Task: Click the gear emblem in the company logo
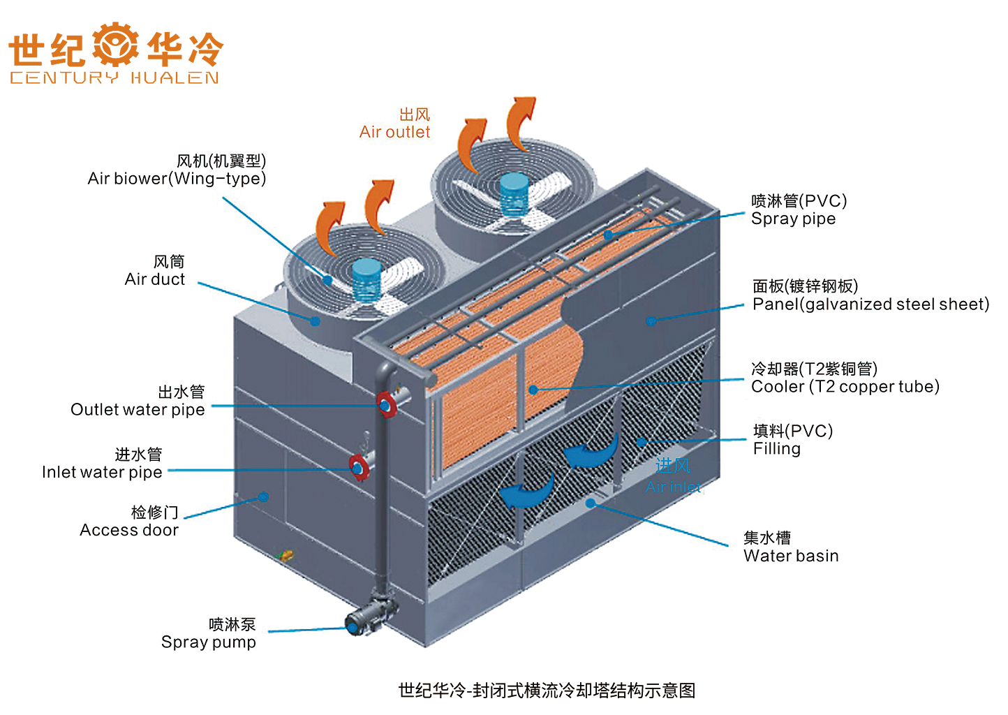tap(115, 45)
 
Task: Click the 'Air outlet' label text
tap(394, 132)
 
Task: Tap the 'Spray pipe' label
tap(793, 219)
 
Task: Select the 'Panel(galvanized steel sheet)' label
tap(870, 304)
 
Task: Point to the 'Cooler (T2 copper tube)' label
tap(845, 386)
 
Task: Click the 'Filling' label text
tap(776, 448)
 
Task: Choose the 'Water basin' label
tap(790, 556)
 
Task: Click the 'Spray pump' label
tap(208, 642)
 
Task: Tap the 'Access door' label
tap(129, 530)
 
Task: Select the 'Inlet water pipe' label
tap(102, 472)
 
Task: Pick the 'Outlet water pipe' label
tap(138, 409)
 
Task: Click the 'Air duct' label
tap(155, 279)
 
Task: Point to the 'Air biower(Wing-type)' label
tap(177, 179)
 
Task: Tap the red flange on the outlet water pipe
tap(385, 404)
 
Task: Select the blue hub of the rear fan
tap(514, 193)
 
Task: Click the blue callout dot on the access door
tap(263, 497)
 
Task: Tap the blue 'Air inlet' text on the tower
tap(673, 487)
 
